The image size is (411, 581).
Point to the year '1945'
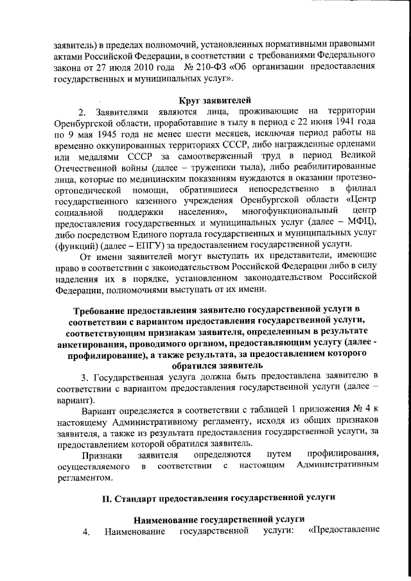117,135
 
